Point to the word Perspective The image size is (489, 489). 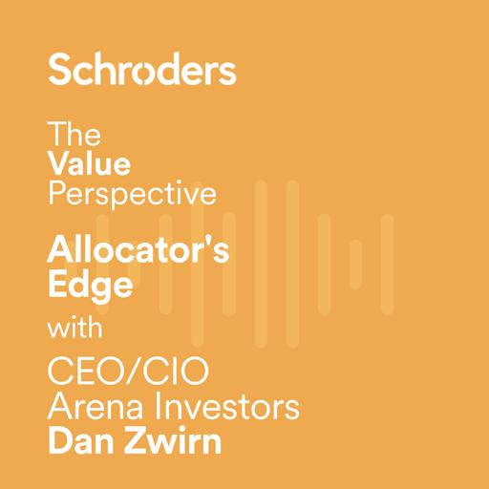pos(132,194)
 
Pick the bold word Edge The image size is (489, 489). pos(90,286)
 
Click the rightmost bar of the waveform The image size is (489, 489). pos(387,250)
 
